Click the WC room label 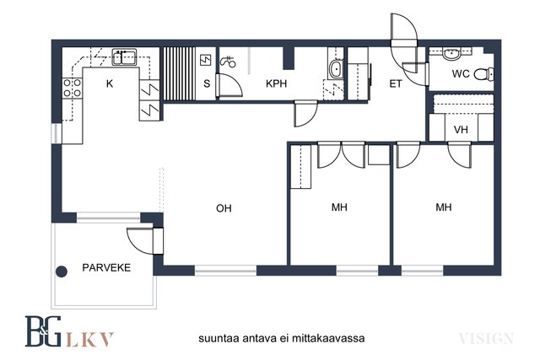[461, 73]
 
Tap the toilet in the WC [483, 74]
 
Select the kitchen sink [124, 57]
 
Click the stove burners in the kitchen [73, 88]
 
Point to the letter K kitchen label [110, 83]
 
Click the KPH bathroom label [276, 83]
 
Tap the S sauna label [207, 83]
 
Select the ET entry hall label [396, 83]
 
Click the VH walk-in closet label [461, 130]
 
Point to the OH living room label [224, 208]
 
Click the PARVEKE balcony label [106, 268]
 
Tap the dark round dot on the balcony [62, 271]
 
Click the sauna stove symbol [205, 60]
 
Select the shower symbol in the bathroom [228, 62]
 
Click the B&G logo [43, 331]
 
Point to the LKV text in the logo [89, 339]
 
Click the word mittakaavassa [328, 338]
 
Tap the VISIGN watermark [486, 339]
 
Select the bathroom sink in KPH [336, 69]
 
